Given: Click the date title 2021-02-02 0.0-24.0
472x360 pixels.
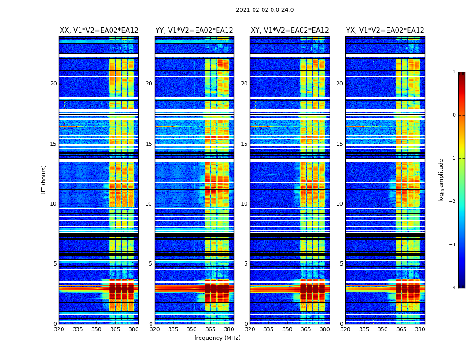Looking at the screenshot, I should (x=265, y=10).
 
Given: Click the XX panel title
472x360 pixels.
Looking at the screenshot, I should (x=99, y=31).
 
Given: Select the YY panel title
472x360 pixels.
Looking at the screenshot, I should (x=194, y=31).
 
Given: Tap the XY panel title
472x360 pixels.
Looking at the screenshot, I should (x=290, y=31).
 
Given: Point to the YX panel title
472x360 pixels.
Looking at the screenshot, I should (x=385, y=31).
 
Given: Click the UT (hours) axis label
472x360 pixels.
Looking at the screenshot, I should (x=44, y=180).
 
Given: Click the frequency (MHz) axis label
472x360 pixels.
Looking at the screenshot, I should (x=217, y=338).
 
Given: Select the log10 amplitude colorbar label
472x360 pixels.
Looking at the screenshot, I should (x=441, y=180).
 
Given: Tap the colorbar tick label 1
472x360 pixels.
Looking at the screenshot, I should (x=454, y=72).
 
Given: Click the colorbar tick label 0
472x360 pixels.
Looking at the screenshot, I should (x=454, y=115).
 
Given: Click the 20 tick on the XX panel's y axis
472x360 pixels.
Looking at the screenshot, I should (x=53, y=84).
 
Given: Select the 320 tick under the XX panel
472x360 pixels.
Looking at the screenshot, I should (x=59, y=329).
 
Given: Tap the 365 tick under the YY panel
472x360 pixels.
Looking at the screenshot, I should (x=210, y=329).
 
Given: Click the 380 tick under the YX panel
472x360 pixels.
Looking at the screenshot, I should (x=420, y=329).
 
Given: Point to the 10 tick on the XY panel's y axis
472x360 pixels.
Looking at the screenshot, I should (x=244, y=204).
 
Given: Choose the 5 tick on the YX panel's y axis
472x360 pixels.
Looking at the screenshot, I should (x=342, y=264).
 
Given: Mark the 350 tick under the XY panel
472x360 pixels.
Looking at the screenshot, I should (x=287, y=329).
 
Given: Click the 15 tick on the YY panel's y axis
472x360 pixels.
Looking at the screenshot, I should (x=149, y=144).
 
